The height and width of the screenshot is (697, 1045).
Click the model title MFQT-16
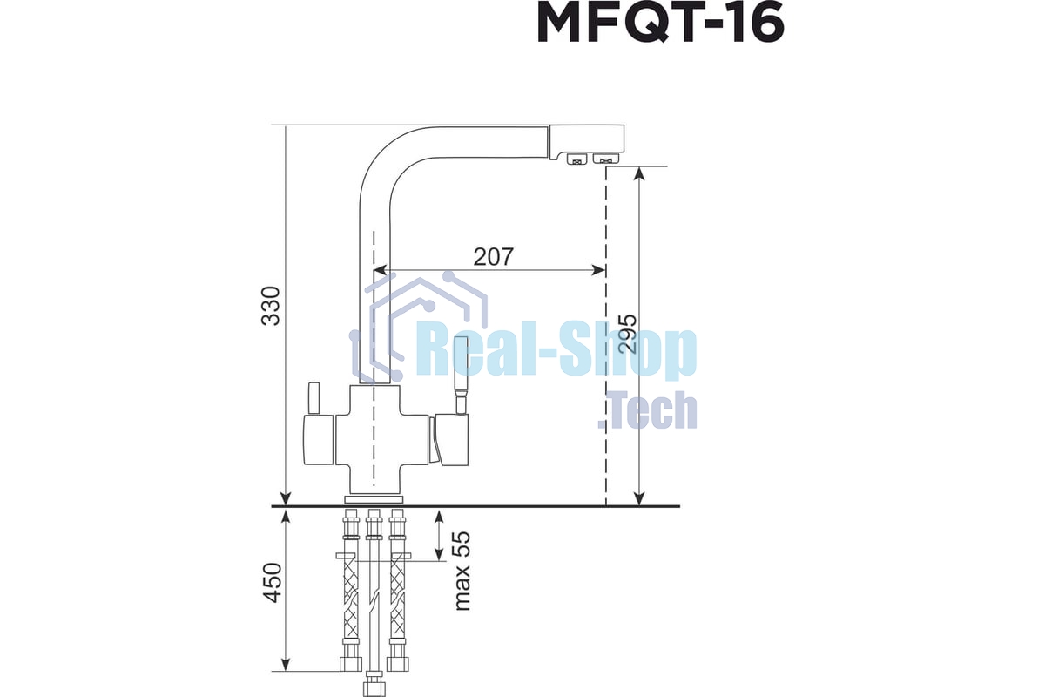660,24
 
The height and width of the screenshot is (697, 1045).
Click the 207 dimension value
494,257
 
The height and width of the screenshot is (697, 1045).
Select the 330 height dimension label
273,305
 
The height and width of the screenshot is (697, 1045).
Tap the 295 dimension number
627,333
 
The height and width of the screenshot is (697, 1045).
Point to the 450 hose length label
273,583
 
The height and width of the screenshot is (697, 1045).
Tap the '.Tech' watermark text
648,411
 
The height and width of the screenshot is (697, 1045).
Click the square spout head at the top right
587,139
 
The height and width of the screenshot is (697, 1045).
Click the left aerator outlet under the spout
576,159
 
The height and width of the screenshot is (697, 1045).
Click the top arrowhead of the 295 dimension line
639,173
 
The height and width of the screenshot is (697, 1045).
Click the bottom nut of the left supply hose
350,664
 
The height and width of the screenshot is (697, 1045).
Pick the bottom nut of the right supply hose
399,664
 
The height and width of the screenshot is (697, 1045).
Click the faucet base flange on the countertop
374,499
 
